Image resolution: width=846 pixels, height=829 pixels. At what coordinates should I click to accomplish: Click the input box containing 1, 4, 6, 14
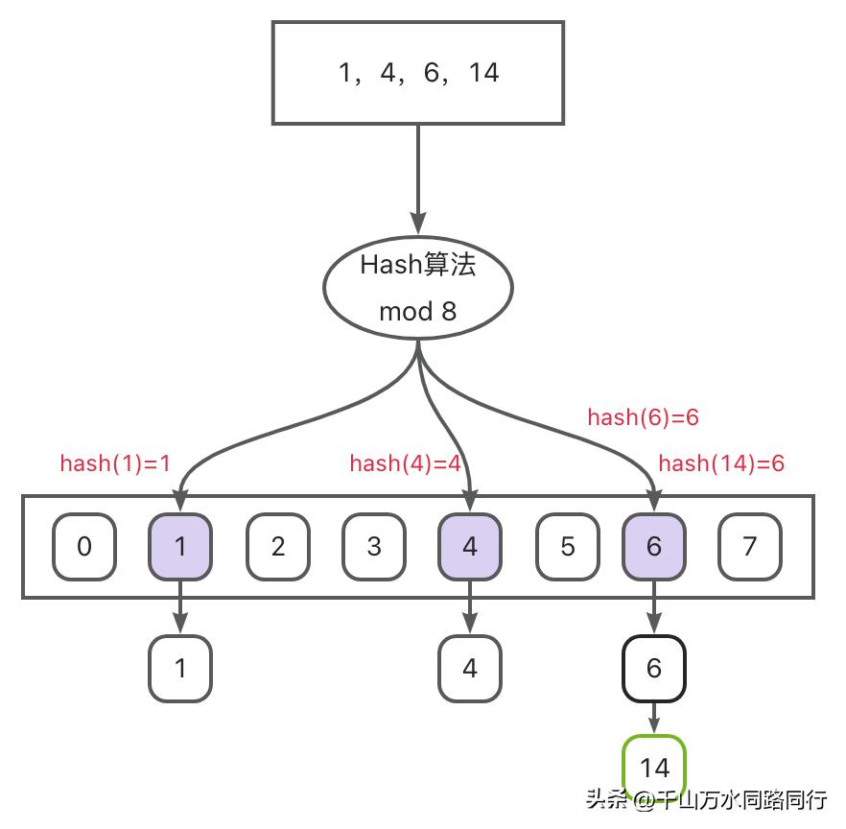417,73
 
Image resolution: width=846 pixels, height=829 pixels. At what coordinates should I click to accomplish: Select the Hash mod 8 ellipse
417,287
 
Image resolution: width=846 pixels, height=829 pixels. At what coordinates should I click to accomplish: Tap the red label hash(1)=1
115,463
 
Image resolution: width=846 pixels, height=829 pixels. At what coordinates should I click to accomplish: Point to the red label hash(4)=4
405,463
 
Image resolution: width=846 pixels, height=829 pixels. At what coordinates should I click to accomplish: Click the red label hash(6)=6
643,417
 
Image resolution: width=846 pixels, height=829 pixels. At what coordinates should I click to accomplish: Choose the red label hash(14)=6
721,463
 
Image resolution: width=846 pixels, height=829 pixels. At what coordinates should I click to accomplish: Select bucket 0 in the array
84,547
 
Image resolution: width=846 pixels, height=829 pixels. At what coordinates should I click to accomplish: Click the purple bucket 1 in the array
180,547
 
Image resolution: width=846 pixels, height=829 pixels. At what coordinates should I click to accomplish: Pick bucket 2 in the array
278,547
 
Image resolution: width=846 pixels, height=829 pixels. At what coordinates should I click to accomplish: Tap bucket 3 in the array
374,547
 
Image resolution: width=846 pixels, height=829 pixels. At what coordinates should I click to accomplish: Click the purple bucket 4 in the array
470,547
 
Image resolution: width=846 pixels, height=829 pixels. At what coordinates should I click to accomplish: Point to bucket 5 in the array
567,547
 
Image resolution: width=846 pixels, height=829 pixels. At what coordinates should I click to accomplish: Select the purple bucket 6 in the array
654,547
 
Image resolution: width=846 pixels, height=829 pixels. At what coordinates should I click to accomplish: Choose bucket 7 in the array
750,547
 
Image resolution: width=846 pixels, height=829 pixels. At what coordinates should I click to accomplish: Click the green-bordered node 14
654,768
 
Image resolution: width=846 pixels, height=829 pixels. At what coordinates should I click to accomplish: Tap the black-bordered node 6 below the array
654,668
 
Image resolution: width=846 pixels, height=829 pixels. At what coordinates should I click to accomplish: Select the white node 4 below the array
470,668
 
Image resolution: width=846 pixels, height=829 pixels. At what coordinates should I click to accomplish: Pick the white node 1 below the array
180,668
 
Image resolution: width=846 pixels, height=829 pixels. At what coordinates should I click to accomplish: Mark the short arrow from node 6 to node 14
654,717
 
